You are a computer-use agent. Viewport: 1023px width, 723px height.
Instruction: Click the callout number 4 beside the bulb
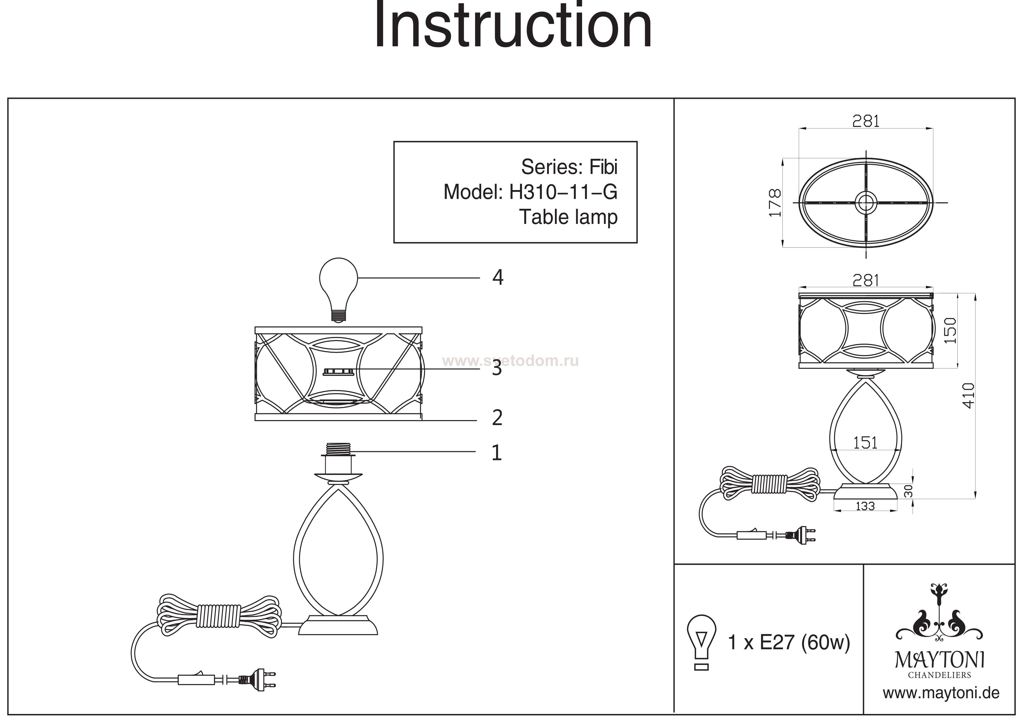[498, 278]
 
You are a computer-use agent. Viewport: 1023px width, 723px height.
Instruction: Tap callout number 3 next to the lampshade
[497, 369]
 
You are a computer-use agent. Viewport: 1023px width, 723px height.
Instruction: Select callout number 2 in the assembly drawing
[497, 418]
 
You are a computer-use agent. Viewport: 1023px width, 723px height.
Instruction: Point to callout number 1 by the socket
[497, 453]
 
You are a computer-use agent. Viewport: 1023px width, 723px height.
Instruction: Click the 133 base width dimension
[865, 506]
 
